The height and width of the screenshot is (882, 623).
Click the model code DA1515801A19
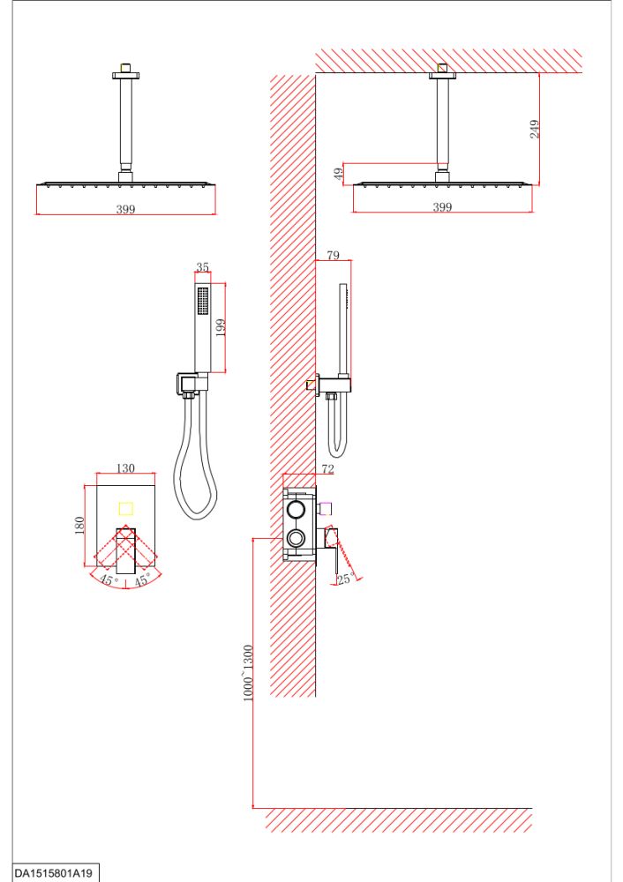coord(53,873)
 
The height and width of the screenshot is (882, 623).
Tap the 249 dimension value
coord(535,129)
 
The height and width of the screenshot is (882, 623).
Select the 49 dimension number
coord(339,174)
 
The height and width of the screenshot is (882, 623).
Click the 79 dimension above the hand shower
coord(334,256)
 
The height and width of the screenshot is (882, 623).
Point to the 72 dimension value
coord(327,468)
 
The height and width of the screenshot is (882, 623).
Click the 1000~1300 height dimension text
coord(248,673)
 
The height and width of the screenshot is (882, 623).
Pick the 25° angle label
coord(346,579)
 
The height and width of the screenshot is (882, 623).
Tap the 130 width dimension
coord(125,468)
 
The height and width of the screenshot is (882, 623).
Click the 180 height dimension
coord(79,526)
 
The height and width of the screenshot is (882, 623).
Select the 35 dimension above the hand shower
coord(203,267)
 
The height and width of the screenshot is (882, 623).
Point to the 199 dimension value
coord(220,327)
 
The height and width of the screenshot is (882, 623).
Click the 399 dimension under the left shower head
coord(125,209)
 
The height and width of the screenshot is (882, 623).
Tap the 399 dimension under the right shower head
coord(442,207)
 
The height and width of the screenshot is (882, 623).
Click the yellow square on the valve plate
coord(126,509)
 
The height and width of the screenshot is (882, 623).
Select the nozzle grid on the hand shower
coord(203,302)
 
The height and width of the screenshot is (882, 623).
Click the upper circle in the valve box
coord(296,510)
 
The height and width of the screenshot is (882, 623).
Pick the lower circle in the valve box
coord(296,538)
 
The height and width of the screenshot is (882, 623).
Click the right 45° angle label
coord(142,579)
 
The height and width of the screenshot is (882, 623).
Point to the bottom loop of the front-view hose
coord(196,515)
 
